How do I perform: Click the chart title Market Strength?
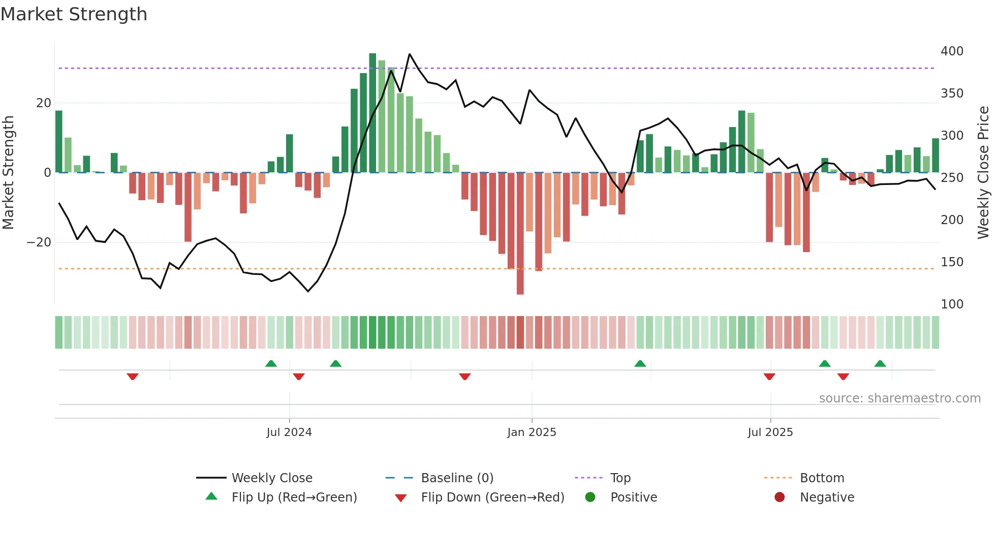[x=74, y=14]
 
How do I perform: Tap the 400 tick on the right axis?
[x=951, y=51]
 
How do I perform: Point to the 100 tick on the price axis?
[x=951, y=304]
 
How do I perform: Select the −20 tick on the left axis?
[x=39, y=242]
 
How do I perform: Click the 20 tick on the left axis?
[x=43, y=103]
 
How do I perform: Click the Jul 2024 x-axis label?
[x=289, y=432]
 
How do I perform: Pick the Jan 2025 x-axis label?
[x=532, y=432]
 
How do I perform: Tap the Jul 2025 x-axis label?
[x=770, y=432]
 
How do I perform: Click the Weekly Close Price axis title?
[x=983, y=173]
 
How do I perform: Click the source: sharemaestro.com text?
[x=899, y=398]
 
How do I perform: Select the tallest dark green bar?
[x=372, y=113]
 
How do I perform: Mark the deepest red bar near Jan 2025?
[x=520, y=234]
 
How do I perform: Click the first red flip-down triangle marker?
[x=133, y=377]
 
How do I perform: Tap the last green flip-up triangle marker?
[x=880, y=363]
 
